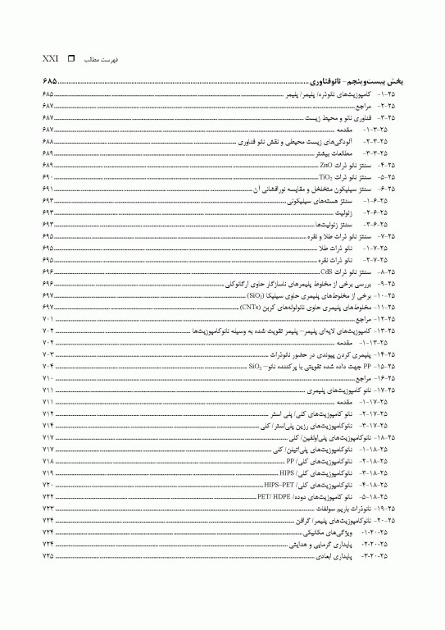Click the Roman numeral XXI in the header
(x=50, y=60)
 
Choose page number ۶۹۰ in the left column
(x=48, y=176)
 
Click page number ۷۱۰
(x=48, y=378)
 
